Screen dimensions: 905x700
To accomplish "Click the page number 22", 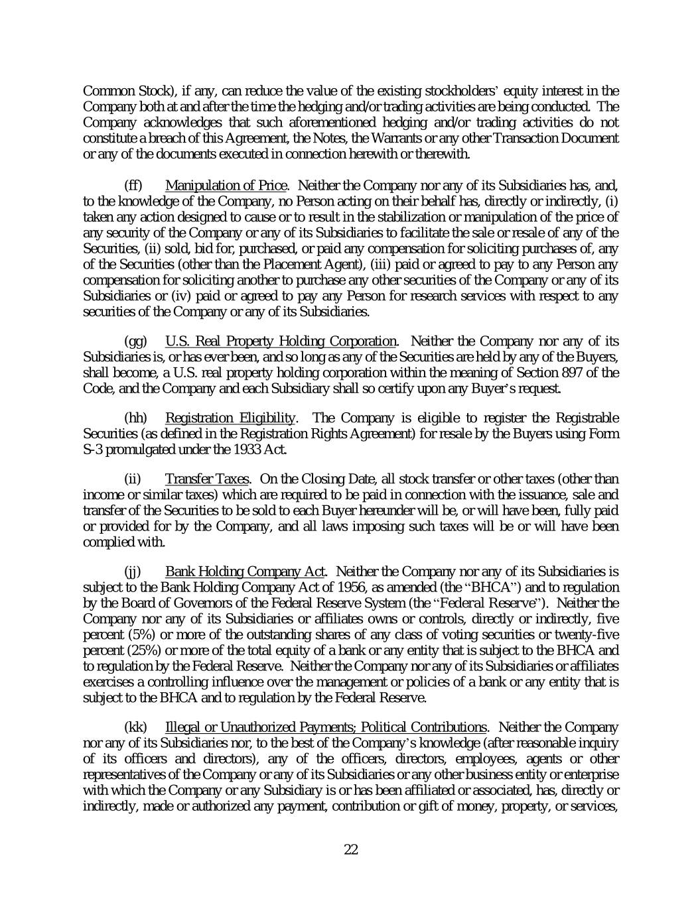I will pos(351,849).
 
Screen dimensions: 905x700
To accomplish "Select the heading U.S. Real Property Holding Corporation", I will pos(280,341).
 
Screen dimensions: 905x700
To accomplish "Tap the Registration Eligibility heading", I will pos(230,418).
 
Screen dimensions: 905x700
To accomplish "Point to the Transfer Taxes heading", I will pos(207,479).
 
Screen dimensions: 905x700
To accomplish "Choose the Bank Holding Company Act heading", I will pos(245,572).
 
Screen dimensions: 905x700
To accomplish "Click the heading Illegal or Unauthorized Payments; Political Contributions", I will pos(325,727).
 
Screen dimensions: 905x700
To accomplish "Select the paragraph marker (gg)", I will pos(135,341).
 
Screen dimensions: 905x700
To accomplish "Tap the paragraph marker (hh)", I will pos(135,418).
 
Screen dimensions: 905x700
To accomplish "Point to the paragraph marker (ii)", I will pos(133,479).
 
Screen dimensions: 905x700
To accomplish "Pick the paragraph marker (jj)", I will pos(133,572).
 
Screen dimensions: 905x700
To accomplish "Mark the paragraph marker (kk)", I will pos(135,727).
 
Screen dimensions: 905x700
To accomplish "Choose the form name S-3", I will pos(94,450).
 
